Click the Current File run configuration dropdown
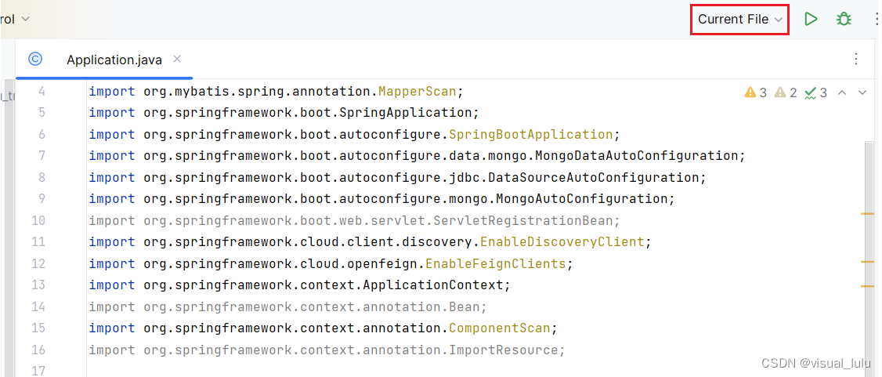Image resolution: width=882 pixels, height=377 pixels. click(x=739, y=20)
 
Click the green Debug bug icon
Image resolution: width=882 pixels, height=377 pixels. click(x=844, y=19)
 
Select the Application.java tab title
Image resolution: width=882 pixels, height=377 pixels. click(x=114, y=60)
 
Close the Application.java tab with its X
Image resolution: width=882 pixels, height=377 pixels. click(x=177, y=59)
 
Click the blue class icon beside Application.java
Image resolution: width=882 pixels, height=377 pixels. click(x=35, y=59)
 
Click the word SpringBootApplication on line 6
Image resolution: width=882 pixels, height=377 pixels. click(x=530, y=134)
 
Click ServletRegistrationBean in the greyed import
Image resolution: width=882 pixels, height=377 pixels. click(x=534, y=220)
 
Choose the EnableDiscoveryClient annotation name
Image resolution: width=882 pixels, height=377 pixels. click(x=562, y=241)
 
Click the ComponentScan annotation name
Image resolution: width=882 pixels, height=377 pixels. click(x=499, y=328)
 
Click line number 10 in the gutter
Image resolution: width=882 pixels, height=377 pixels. click(x=38, y=220)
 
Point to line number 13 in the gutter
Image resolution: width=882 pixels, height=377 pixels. click(x=38, y=285)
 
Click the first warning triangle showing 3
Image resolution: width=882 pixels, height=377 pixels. click(x=750, y=92)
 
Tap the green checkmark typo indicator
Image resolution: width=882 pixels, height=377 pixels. click(x=811, y=92)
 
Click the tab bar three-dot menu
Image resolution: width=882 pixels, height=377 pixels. click(x=856, y=59)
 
